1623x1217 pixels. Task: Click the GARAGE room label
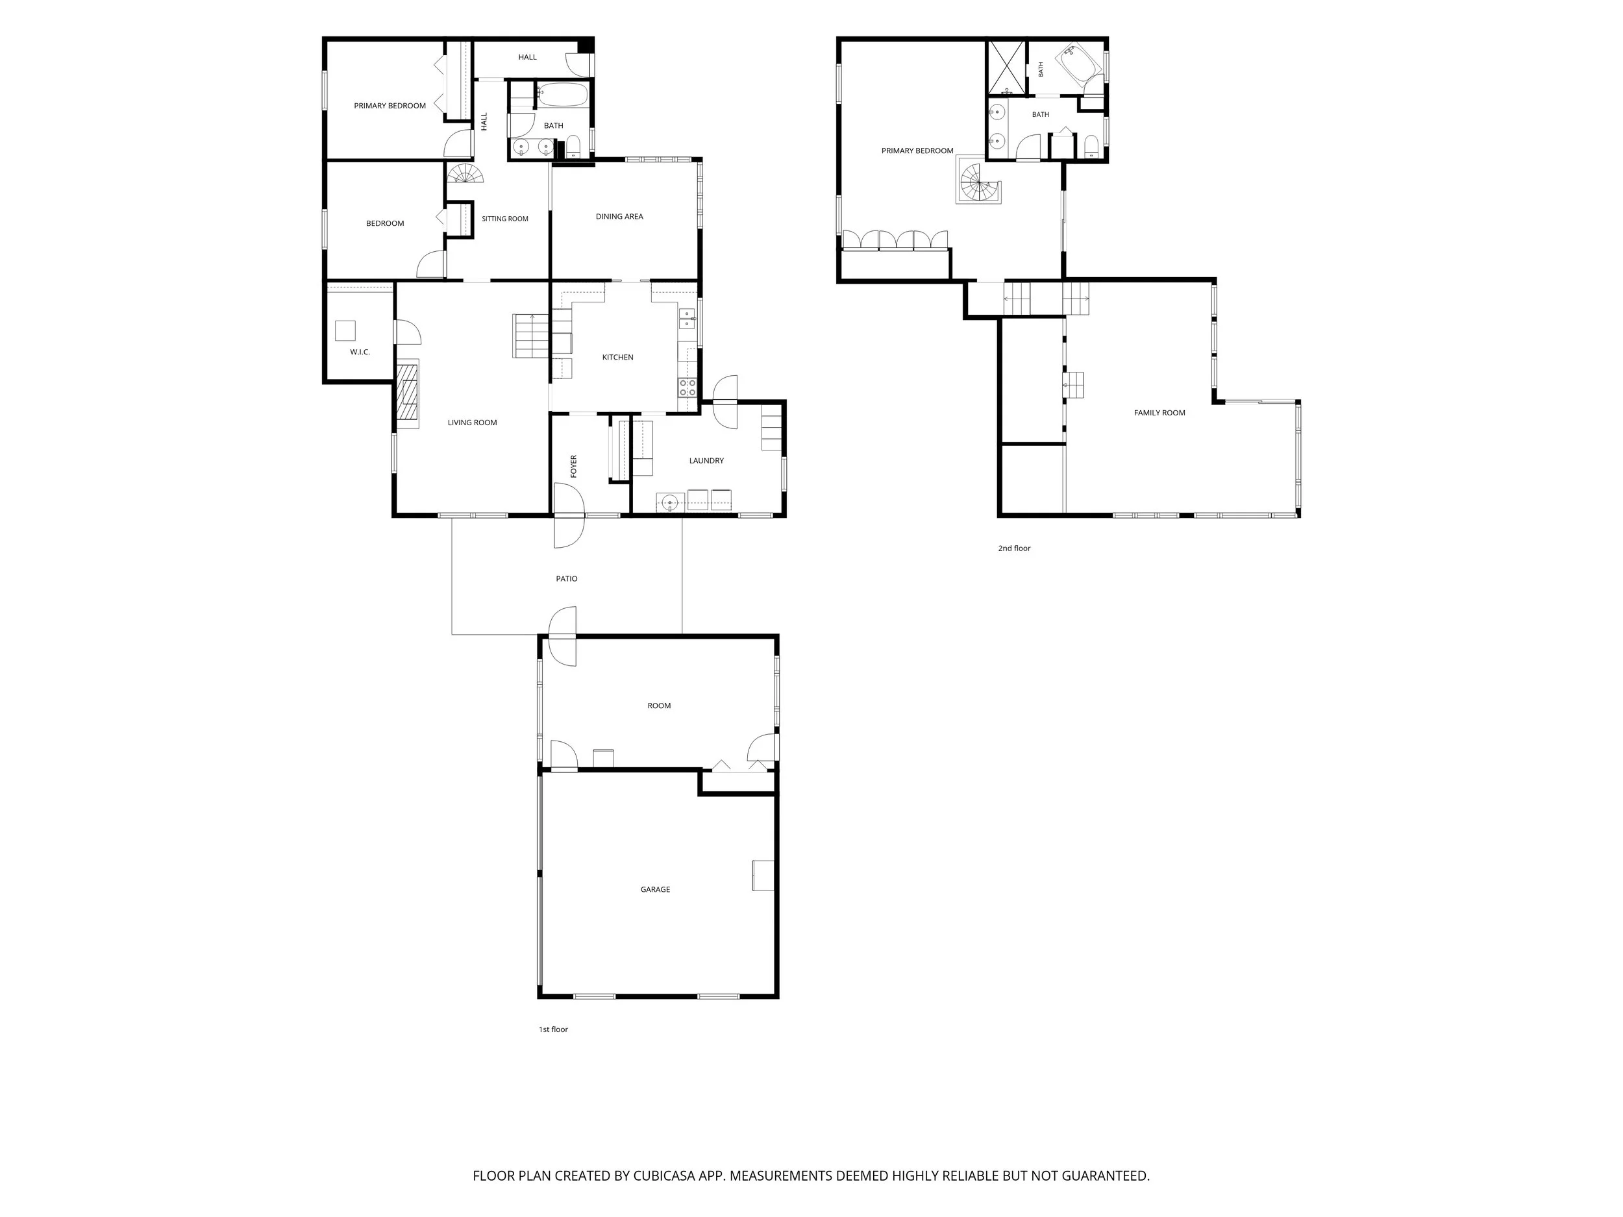point(655,889)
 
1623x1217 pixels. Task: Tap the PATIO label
point(567,579)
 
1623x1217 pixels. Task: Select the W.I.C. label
point(360,352)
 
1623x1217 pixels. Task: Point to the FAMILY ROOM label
point(1159,413)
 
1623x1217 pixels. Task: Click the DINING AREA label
point(619,216)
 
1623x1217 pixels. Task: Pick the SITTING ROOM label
point(505,219)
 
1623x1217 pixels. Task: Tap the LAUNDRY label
point(706,461)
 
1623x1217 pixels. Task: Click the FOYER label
point(574,467)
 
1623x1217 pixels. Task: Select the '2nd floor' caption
point(1014,548)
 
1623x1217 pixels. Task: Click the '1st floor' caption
point(553,1029)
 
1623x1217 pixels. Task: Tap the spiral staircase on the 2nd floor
point(978,182)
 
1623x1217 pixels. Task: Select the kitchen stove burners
point(688,387)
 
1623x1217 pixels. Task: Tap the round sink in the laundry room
point(669,502)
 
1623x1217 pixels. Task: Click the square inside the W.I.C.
point(345,331)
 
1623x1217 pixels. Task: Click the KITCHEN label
point(618,357)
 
